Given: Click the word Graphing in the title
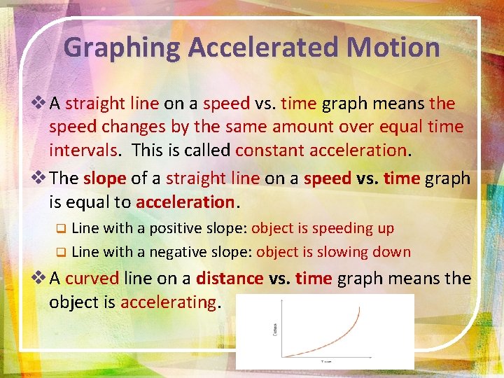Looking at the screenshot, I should point(122,48).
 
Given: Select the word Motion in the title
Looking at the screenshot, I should point(399,48).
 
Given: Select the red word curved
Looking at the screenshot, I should point(92,279).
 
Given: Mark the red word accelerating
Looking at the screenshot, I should point(169,302).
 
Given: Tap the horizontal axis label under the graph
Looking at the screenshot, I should point(326,362).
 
